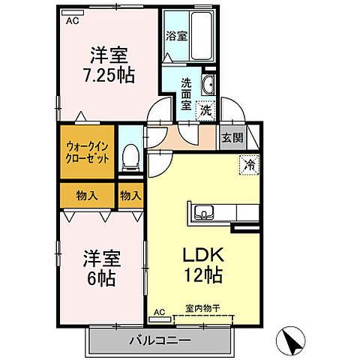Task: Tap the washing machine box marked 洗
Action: [x=205, y=110]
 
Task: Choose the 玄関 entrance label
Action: [x=231, y=138]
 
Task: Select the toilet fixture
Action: [x=130, y=155]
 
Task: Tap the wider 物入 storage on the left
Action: [x=87, y=195]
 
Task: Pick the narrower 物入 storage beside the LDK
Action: [x=130, y=195]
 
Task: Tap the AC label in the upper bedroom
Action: [x=72, y=21]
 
